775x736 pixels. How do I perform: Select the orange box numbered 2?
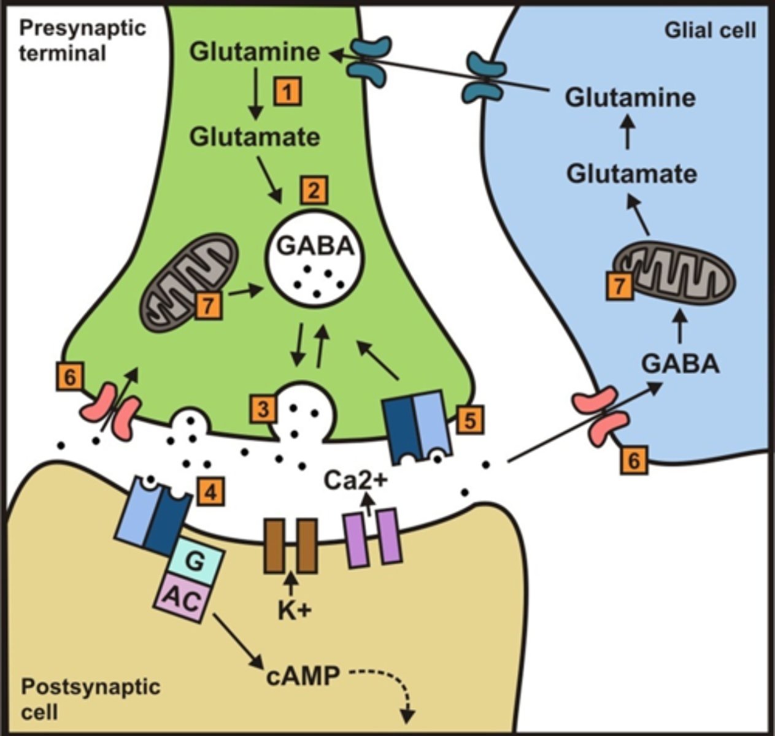(314, 191)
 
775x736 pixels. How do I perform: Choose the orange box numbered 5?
(469, 420)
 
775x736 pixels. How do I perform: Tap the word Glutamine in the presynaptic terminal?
(255, 52)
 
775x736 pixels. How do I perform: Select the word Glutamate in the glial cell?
(631, 174)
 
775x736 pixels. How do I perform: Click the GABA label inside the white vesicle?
(315, 246)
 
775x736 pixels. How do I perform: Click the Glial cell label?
(710, 30)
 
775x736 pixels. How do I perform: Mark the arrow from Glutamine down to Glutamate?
(256, 94)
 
